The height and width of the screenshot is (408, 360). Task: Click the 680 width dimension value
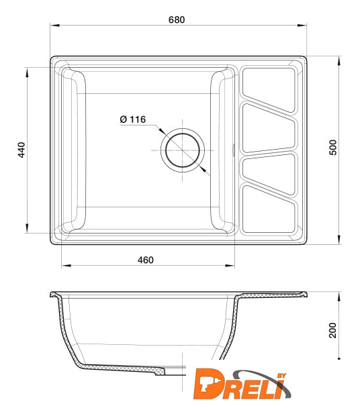click(177, 19)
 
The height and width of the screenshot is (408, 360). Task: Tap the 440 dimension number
click(21, 150)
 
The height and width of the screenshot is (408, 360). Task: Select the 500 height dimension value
click(333, 148)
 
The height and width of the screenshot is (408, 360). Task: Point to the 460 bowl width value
click(146, 260)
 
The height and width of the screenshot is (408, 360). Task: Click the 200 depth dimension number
click(332, 330)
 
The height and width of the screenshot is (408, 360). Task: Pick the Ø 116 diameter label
click(133, 119)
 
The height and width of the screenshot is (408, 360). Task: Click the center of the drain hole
click(182, 150)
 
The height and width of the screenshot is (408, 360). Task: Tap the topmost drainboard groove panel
click(269, 89)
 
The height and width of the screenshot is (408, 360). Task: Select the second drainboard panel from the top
click(269, 128)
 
